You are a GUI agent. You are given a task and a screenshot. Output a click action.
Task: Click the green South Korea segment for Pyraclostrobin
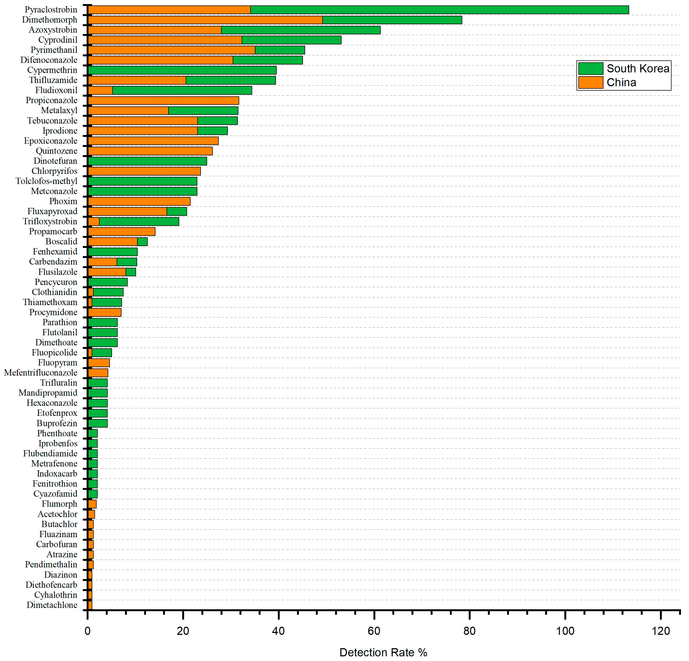439,10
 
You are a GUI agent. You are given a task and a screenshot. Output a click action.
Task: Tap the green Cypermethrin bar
182,70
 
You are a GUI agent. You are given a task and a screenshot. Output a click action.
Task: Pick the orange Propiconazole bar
163,100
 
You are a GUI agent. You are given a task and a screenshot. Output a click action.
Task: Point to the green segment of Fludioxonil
182,90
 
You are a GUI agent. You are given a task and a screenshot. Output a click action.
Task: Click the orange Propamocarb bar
122,232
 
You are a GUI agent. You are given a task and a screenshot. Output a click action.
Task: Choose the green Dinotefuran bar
147,161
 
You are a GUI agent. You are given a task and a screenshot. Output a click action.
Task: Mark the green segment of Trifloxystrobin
139,221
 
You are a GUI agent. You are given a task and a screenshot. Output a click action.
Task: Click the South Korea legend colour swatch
591,69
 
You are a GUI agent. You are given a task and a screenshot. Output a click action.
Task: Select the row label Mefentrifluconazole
41,373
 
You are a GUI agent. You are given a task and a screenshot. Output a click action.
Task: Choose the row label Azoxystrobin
53,30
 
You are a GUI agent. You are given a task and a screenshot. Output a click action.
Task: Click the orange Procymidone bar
104,312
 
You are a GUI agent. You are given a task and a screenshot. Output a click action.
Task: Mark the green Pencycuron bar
108,282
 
